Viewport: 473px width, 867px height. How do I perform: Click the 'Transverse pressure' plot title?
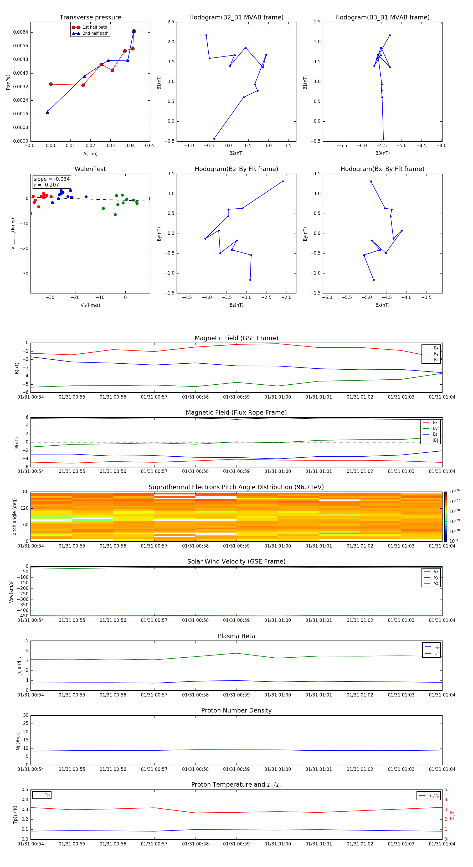[90, 18]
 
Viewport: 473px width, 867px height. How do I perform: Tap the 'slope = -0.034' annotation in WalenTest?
[52, 179]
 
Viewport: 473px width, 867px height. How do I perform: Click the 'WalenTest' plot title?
[90, 169]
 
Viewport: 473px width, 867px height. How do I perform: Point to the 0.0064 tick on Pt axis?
[20, 32]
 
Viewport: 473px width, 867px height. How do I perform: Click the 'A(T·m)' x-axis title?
[90, 153]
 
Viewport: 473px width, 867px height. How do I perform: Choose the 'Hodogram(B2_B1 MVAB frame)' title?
[236, 18]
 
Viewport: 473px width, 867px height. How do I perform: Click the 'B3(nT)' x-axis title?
[382, 153]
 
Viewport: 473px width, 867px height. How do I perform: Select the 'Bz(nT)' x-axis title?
[236, 305]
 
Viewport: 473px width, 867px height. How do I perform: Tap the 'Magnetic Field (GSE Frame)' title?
[236, 338]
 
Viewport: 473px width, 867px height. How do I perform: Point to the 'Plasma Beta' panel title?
[236, 636]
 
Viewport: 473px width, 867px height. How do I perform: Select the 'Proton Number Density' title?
[236, 710]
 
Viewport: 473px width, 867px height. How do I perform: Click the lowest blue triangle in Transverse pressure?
[48, 112]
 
